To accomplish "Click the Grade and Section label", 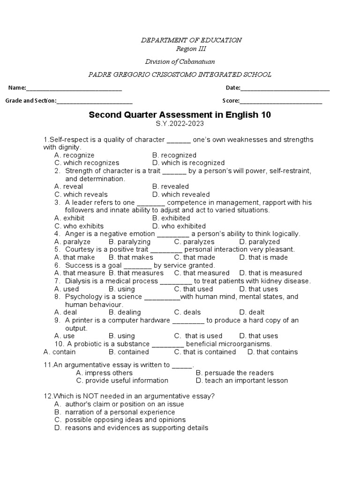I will [x=30, y=101].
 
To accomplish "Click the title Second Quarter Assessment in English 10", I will [x=180, y=115].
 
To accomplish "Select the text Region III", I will [x=191, y=49].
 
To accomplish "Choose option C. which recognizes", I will [x=87, y=163].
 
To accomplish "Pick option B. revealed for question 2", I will [x=171, y=187].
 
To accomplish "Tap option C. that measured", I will [x=202, y=273].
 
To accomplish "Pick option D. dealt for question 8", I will [x=252, y=312].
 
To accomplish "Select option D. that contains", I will [x=272, y=352].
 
